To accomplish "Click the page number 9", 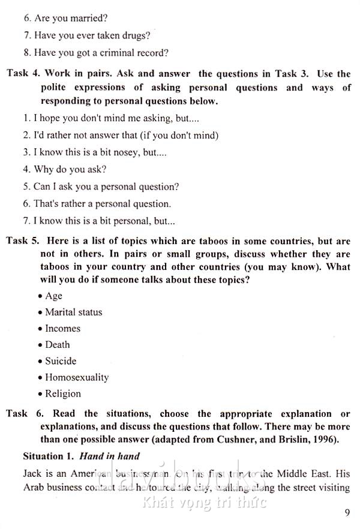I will [x=348, y=512].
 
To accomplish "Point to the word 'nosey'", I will [x=125, y=152].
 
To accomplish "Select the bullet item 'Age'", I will [x=53, y=296].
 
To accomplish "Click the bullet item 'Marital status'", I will [x=73, y=312].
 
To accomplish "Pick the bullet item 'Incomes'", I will [x=62, y=329].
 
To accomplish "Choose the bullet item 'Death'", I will [x=57, y=345].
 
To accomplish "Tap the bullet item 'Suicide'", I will [x=61, y=361].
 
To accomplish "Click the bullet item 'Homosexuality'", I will [x=77, y=377].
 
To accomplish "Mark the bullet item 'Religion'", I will [x=62, y=394].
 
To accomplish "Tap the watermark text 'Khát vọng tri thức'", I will [x=204, y=503].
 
